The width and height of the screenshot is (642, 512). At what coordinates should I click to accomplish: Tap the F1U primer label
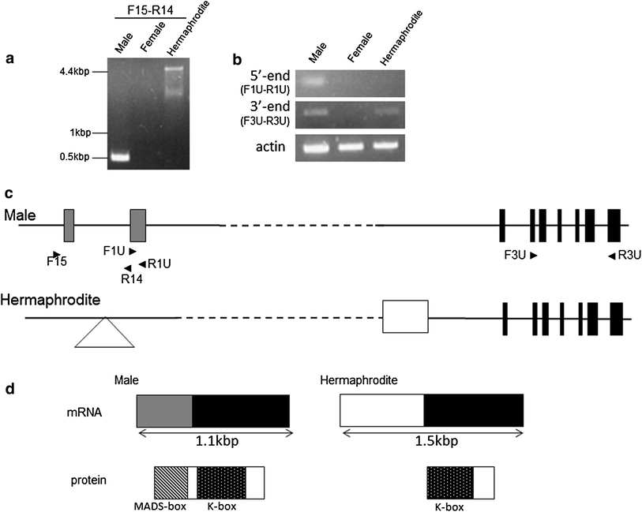coord(115,251)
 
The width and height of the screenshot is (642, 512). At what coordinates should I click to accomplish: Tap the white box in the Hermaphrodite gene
coord(405,316)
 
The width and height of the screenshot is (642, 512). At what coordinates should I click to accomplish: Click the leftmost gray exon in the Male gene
coord(69,225)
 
